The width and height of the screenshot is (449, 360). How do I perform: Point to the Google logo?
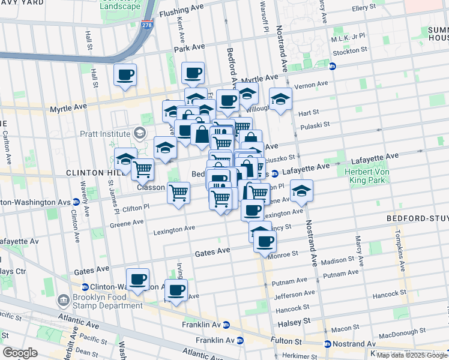pyautogui.click(x=20, y=353)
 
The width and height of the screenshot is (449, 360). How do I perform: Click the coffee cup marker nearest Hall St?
pyautogui.click(x=125, y=76)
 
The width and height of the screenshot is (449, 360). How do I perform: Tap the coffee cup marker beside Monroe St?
pyautogui.click(x=264, y=241)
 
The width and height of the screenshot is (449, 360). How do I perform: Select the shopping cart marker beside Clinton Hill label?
pyautogui.click(x=142, y=169)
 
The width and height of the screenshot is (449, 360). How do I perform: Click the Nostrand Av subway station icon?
pyautogui.click(x=327, y=344)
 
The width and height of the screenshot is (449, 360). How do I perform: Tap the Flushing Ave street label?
pyautogui.click(x=181, y=11)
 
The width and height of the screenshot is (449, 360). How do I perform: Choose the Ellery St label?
pyautogui.click(x=363, y=7)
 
